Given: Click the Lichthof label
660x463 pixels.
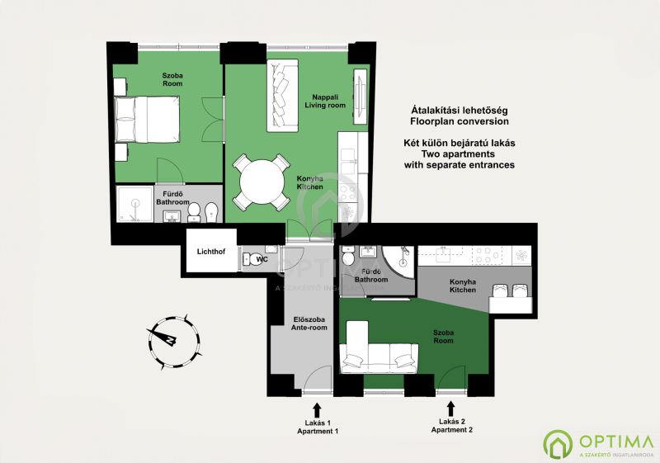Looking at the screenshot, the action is coord(211,252).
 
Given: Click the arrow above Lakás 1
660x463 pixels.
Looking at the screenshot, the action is coord(317,410).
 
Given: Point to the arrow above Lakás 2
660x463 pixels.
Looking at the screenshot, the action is coord(450,409).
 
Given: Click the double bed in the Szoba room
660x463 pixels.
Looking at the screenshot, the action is coord(147,119).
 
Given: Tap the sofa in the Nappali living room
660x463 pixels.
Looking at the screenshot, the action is coord(282,95).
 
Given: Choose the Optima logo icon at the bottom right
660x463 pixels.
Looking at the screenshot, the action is coord(558,445).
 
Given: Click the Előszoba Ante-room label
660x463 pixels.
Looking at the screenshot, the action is coord(309,324).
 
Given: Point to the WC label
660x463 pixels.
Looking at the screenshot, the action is coord(262,259).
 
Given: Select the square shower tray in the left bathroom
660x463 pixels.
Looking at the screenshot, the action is coord(134,204).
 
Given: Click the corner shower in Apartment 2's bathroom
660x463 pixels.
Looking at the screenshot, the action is coord(398,262).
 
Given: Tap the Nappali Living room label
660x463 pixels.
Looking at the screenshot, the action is coord(325,102).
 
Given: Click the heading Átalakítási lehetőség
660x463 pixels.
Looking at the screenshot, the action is coord(460,111).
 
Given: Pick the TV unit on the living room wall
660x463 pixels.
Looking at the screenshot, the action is coord(360,97).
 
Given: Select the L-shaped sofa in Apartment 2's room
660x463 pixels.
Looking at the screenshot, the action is coord(379,347).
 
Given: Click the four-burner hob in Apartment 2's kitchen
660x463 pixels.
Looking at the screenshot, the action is coord(488,255).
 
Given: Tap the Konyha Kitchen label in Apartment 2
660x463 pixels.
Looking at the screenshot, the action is coord(463,286).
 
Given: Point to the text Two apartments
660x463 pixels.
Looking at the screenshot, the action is coord(458,154).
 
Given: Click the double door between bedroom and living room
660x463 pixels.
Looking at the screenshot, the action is coord(213,120).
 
